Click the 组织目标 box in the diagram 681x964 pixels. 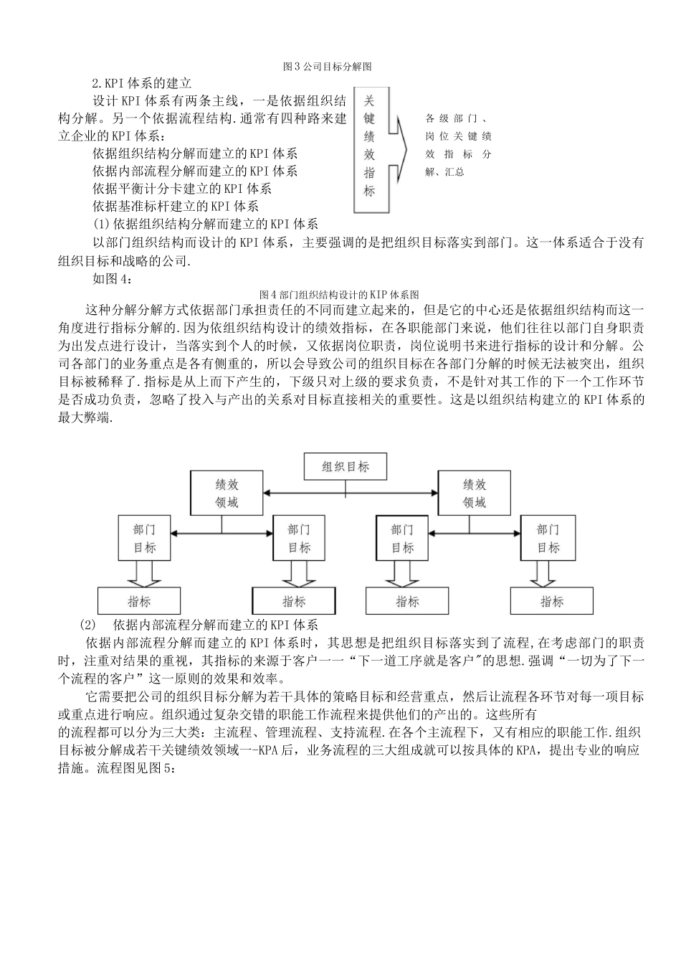pos(346,467)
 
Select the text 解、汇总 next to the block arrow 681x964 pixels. pos(444,172)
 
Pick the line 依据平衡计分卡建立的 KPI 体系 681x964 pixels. pos(182,189)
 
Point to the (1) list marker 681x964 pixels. pos(102,225)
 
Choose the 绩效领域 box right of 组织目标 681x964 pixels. pos(475,493)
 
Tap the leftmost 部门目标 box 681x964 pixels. pos(144,538)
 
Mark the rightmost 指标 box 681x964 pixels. pos(552,601)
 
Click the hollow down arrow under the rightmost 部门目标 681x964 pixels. pos(548,573)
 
